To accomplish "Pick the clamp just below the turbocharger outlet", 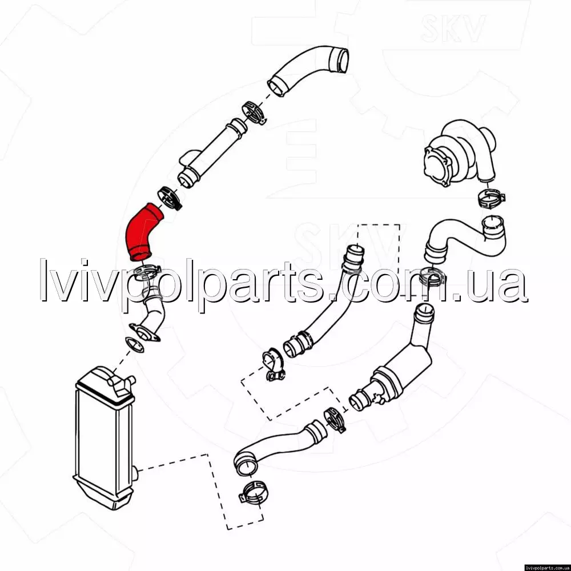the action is coord(490,199).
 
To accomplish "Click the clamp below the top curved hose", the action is coord(254,112).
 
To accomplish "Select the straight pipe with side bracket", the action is coord(211,153).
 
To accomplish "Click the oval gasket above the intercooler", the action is coord(134,344).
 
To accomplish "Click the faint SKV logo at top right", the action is coord(453,28).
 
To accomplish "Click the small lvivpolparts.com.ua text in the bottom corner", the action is coord(547,568).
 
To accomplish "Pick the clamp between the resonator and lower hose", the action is coord(334,420).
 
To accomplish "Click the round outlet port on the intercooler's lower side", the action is coord(135,474).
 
